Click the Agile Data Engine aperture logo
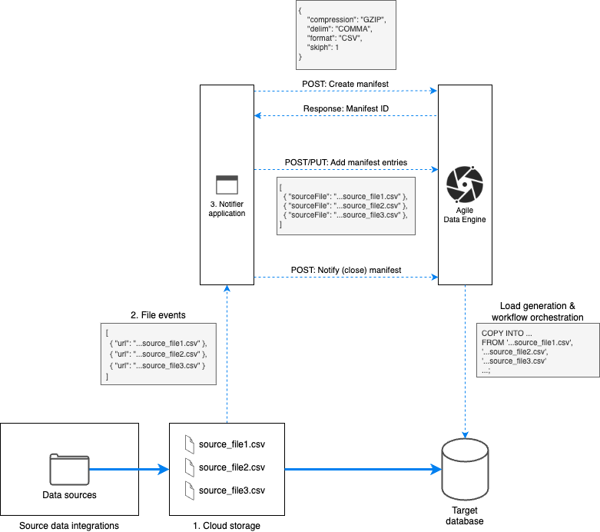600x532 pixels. (x=465, y=185)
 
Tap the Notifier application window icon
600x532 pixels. (x=227, y=185)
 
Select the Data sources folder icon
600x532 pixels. (x=69, y=468)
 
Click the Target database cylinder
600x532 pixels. (x=465, y=471)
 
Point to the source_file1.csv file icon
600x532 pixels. (x=189, y=445)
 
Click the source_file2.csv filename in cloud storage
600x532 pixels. (x=231, y=467)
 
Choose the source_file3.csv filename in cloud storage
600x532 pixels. (x=231, y=490)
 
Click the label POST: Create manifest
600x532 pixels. (x=346, y=82)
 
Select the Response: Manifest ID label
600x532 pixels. (x=346, y=108)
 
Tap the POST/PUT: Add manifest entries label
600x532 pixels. (x=346, y=164)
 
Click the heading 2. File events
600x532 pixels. (x=159, y=314)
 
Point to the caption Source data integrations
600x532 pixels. (x=69, y=525)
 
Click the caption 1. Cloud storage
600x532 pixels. (x=227, y=525)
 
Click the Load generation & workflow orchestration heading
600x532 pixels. (x=536, y=311)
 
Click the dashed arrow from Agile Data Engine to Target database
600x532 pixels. (x=465, y=361)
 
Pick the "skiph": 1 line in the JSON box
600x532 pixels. (x=323, y=47)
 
